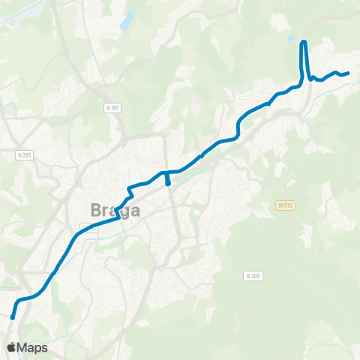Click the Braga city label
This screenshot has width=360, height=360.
click(115, 210)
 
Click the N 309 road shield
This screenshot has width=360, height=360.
click(253, 276)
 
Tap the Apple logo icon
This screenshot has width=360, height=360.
click(11, 347)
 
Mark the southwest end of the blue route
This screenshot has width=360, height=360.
click(13, 317)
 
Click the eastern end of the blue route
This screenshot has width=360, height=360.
click(348, 73)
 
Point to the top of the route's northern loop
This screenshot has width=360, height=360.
click(304, 41)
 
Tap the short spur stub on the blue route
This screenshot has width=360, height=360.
click(167, 181)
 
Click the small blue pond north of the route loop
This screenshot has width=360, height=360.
click(292, 37)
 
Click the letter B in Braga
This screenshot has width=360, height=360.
click(96, 210)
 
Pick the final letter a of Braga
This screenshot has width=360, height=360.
click(134, 211)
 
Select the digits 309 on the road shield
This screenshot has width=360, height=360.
click(256, 276)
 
